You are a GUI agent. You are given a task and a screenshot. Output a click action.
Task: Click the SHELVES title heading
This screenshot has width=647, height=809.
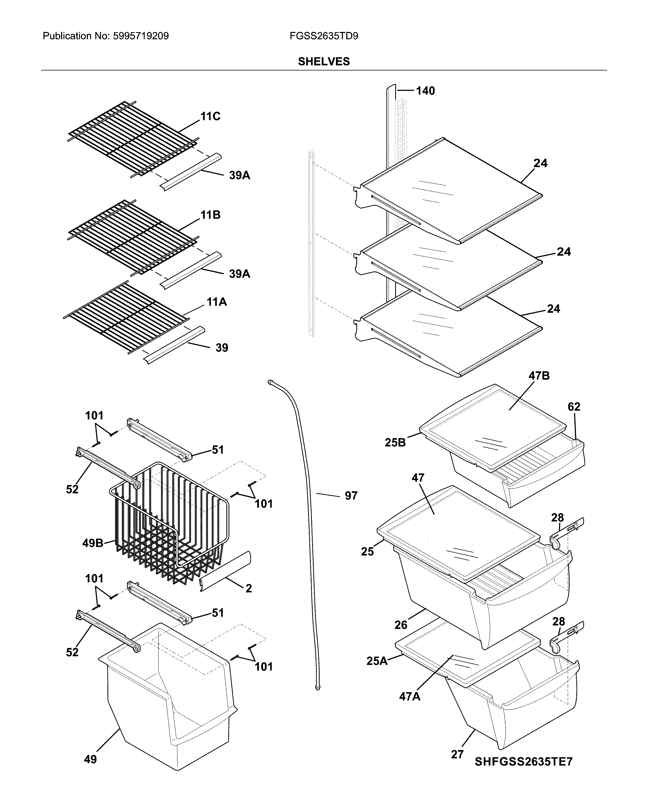(324, 62)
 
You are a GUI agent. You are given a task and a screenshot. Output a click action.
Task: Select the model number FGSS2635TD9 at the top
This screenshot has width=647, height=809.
(324, 36)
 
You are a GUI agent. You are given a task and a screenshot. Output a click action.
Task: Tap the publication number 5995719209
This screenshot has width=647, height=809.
(140, 36)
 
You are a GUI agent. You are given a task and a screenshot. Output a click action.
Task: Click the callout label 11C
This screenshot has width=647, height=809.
(210, 117)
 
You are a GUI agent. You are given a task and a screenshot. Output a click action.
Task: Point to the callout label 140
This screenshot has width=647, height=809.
(425, 91)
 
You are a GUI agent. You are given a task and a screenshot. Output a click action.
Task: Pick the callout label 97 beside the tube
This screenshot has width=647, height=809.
(351, 496)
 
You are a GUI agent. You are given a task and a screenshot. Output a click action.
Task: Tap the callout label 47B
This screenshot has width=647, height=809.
(539, 376)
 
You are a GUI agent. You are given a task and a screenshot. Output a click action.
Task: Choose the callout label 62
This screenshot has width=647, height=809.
(574, 407)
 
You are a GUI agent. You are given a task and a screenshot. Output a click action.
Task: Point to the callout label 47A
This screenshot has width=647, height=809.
(410, 696)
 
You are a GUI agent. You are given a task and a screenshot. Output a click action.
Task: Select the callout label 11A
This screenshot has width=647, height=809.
(216, 302)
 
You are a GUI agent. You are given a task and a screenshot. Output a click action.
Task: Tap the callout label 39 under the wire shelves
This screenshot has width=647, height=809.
(222, 348)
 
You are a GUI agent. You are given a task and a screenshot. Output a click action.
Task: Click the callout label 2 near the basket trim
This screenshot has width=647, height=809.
(249, 588)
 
